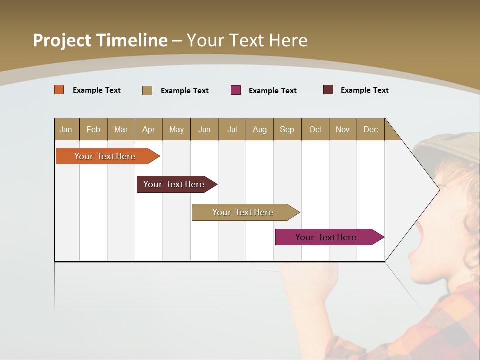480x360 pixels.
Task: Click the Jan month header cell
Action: click(66, 129)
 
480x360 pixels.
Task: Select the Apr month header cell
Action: click(149, 129)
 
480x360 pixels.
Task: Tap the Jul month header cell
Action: click(232, 129)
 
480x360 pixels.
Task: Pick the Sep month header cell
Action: click(287, 129)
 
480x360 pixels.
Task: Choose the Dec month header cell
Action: click(370, 129)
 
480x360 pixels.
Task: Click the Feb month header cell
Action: click(93, 129)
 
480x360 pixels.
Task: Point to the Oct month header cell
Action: click(315, 129)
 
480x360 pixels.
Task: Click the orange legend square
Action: click(59, 90)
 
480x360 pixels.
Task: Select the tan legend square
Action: click(147, 90)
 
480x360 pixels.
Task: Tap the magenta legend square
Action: click(236, 90)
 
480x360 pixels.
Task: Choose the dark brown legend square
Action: click(328, 90)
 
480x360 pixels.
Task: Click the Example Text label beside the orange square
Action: click(97, 90)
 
